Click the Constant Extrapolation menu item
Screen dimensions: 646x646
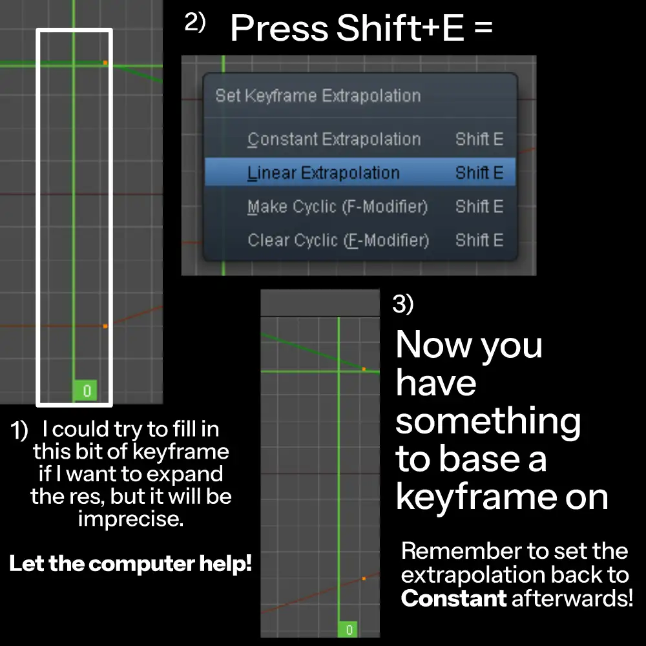333,140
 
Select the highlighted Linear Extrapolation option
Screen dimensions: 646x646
323,173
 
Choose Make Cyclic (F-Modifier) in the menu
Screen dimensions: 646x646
337,207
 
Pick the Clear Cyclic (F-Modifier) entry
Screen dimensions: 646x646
338,240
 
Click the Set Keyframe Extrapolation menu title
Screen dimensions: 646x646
318,96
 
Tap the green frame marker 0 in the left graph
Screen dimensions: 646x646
86,391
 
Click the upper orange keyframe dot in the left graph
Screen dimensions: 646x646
105,63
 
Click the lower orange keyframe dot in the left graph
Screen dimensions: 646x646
105,326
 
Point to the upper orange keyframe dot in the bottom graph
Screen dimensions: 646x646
364,369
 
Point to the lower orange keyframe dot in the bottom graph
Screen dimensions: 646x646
364,578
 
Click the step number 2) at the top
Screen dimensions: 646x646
195,23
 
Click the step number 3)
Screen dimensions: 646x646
402,304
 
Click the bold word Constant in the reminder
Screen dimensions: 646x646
453,598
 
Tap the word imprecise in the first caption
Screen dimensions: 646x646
130,518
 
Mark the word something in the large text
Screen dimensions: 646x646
488,421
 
